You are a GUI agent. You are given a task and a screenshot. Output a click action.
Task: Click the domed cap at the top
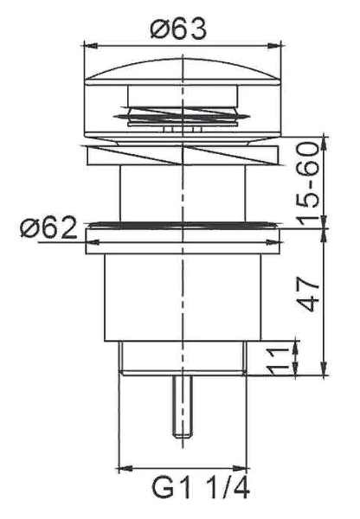point(187,69)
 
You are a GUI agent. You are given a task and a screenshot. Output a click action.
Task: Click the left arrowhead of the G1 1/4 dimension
point(119,469)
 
